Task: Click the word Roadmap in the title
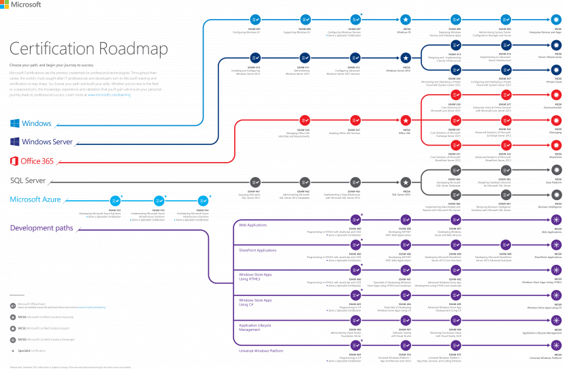click(x=133, y=50)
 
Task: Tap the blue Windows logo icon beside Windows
click(x=14, y=123)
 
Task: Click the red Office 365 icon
click(x=14, y=161)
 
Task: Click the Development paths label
click(x=41, y=228)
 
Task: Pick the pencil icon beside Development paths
click(x=79, y=229)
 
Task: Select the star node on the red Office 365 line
click(x=405, y=121)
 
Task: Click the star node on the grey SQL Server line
click(x=405, y=182)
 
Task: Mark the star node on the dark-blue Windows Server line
click(x=405, y=59)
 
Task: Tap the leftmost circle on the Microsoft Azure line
click(x=116, y=201)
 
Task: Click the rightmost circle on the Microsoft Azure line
click(x=203, y=201)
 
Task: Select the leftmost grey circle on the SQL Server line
click(x=255, y=182)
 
